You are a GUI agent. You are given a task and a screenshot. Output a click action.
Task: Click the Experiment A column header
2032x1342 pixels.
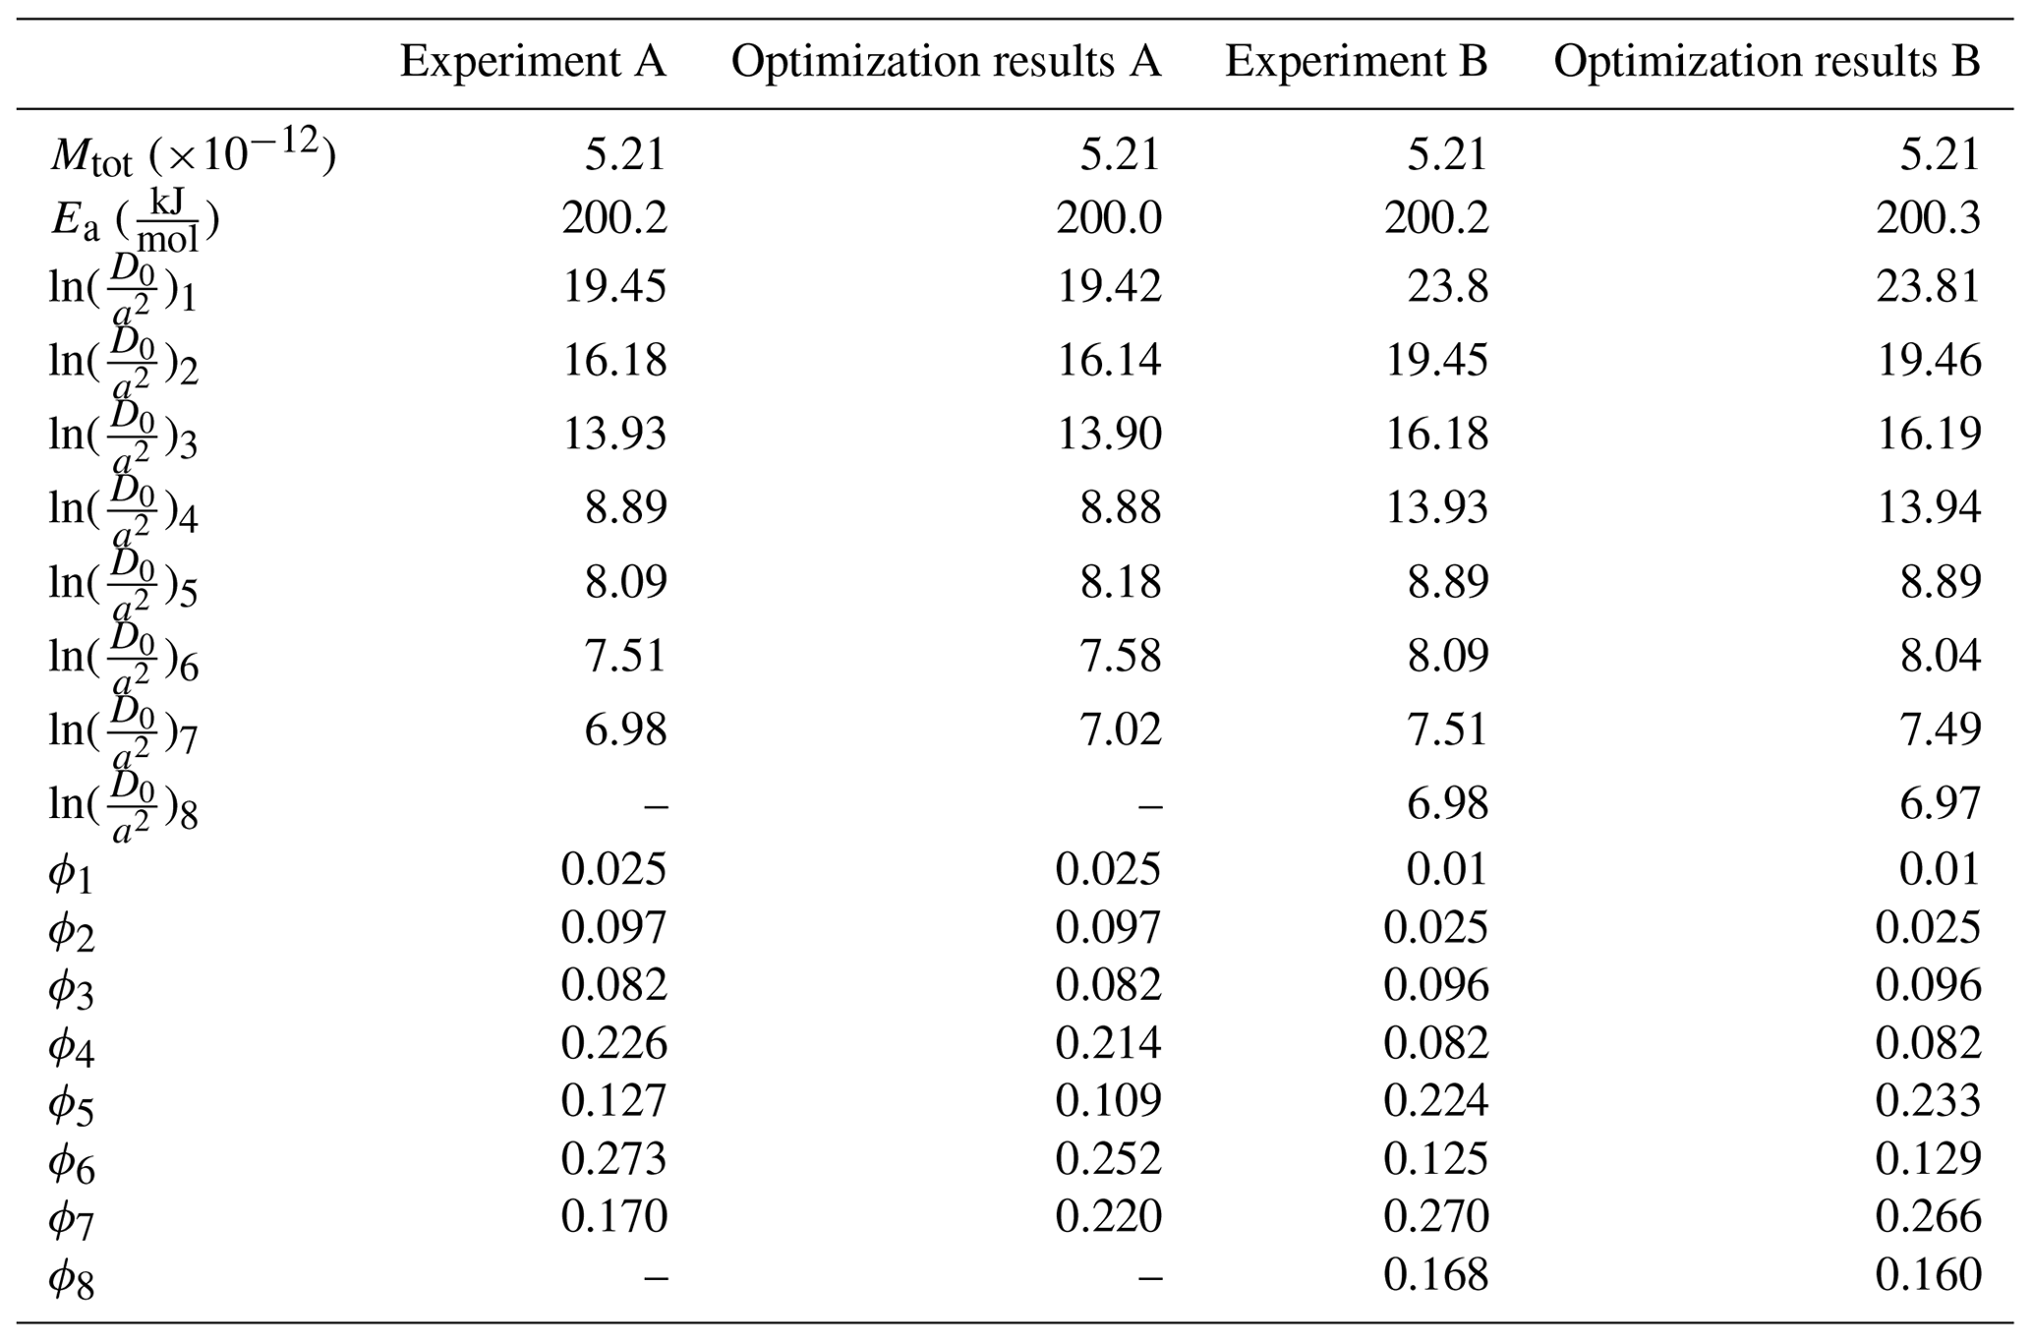(x=533, y=63)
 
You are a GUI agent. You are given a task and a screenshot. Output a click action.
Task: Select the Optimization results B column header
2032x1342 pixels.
(x=1766, y=63)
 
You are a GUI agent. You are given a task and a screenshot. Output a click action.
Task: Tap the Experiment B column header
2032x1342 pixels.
(x=1356, y=63)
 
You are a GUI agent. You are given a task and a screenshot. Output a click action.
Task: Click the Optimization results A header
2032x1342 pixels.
(x=946, y=63)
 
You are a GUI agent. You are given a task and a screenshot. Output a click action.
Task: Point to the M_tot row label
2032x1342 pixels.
(x=193, y=155)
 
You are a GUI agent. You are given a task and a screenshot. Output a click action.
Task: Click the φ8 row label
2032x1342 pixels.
(x=71, y=1279)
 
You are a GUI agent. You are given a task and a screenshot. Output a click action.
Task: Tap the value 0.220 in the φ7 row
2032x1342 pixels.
(x=1108, y=1217)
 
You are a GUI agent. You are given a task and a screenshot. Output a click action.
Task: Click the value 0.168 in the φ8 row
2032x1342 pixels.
(x=1435, y=1275)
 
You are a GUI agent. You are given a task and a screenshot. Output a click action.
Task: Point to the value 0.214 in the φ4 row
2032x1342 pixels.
(x=1108, y=1043)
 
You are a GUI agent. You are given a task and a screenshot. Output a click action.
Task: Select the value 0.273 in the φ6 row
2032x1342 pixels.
(x=613, y=1159)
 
